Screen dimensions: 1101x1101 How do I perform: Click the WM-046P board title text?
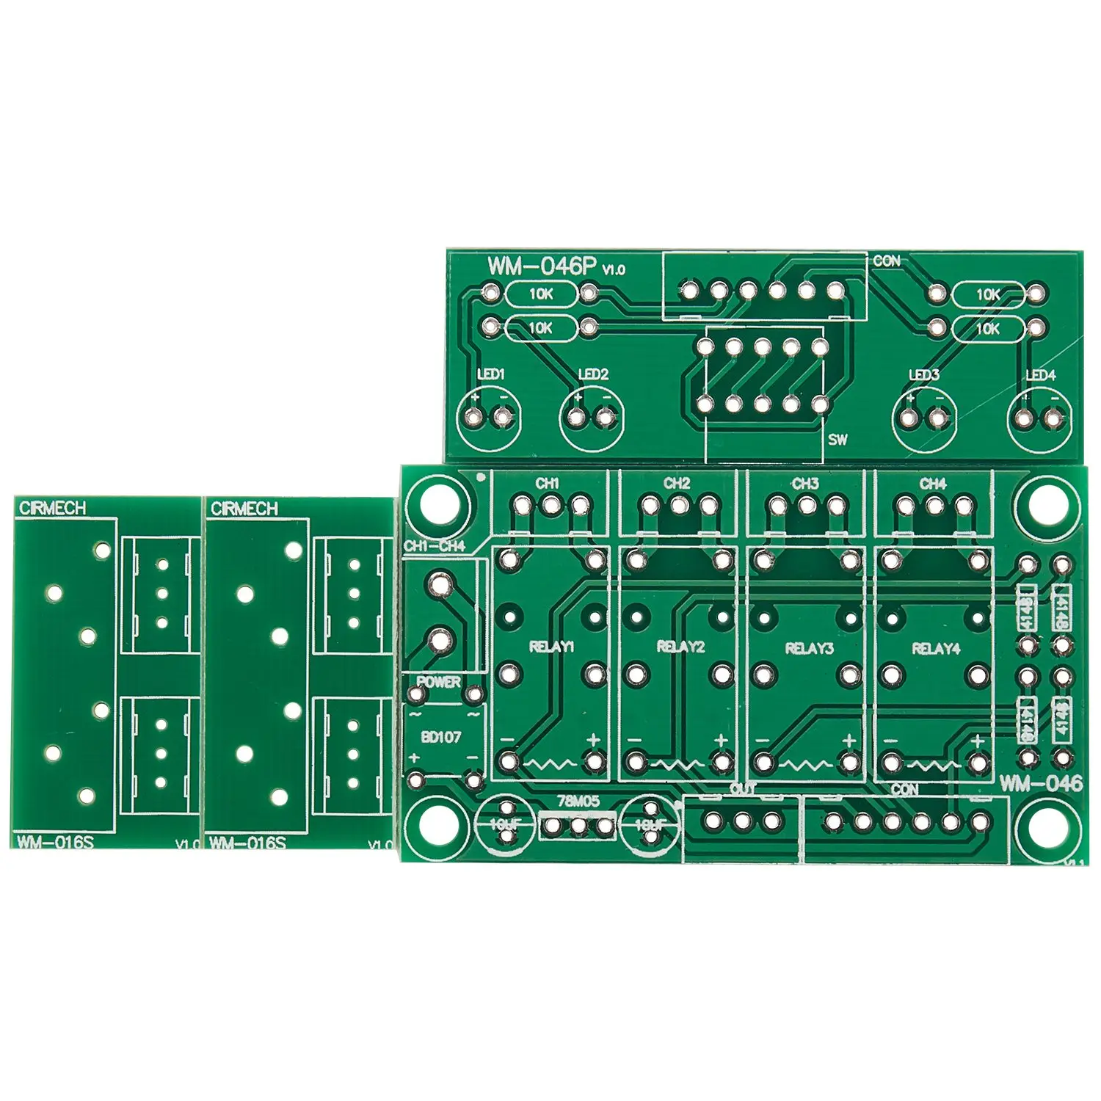click(x=542, y=266)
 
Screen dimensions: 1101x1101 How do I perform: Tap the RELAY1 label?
click(x=551, y=647)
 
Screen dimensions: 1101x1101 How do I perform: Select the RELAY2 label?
click(x=680, y=647)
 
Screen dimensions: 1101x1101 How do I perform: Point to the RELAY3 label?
click(x=809, y=648)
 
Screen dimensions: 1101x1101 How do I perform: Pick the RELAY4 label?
click(x=936, y=648)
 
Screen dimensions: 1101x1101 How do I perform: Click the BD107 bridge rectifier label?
click(x=441, y=736)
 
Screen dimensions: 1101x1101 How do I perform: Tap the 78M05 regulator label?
click(x=578, y=802)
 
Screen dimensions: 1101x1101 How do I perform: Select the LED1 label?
click(x=491, y=374)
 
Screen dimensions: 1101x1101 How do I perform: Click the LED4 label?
click(x=1040, y=375)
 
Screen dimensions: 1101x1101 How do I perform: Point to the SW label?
click(x=837, y=440)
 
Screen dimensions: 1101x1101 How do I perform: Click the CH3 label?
click(x=805, y=484)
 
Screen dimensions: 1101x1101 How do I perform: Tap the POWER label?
click(x=439, y=681)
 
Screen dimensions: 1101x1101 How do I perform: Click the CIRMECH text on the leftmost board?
click(x=53, y=508)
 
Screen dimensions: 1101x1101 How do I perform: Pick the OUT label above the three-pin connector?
click(x=743, y=789)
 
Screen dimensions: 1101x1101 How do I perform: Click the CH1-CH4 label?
click(x=435, y=546)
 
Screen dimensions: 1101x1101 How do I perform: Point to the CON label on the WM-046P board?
click(x=886, y=261)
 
